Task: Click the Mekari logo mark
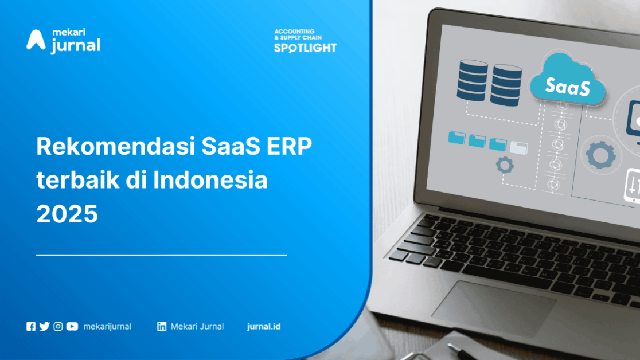tap(36, 40)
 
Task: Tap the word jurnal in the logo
tap(76, 46)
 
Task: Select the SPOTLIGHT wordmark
tap(305, 48)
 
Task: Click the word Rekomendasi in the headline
tap(115, 146)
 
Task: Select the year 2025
tap(67, 214)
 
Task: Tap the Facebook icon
tap(31, 327)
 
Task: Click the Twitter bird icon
tap(45, 327)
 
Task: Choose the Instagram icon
tap(58, 327)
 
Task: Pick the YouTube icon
tap(72, 327)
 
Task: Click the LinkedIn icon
tap(162, 327)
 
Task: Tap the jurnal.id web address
tap(264, 327)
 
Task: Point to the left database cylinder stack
tap(472, 80)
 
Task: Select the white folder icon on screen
tap(519, 147)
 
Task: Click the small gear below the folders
tap(505, 165)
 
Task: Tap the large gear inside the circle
tap(601, 155)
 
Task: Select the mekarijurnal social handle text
tap(107, 327)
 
